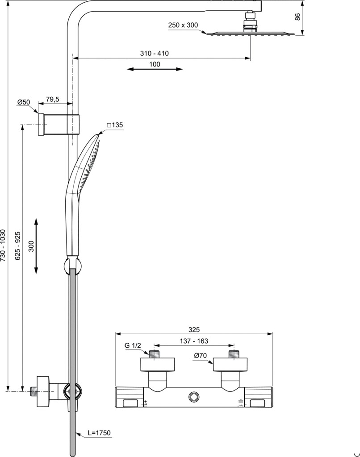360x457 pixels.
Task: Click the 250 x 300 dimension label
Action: point(183,25)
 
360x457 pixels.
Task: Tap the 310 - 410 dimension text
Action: point(155,54)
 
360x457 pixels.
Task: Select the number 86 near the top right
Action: point(297,17)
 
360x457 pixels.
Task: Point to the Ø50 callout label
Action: point(23,102)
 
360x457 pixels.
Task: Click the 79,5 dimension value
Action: point(52,100)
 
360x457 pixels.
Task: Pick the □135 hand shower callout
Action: point(115,125)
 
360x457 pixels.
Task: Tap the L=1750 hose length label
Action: point(100,433)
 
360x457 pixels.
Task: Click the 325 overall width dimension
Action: point(194,330)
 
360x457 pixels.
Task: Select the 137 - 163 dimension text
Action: point(194,341)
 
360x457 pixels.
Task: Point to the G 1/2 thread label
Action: point(133,346)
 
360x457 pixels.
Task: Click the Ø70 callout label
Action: point(201,356)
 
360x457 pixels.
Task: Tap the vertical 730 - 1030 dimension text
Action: point(3,245)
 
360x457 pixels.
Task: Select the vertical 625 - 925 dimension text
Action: point(18,246)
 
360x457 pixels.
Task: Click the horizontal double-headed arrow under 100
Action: point(155,69)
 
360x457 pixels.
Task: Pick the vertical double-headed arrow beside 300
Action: point(36,246)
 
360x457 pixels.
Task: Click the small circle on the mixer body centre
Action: point(194,396)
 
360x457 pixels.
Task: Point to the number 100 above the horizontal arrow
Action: point(155,64)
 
